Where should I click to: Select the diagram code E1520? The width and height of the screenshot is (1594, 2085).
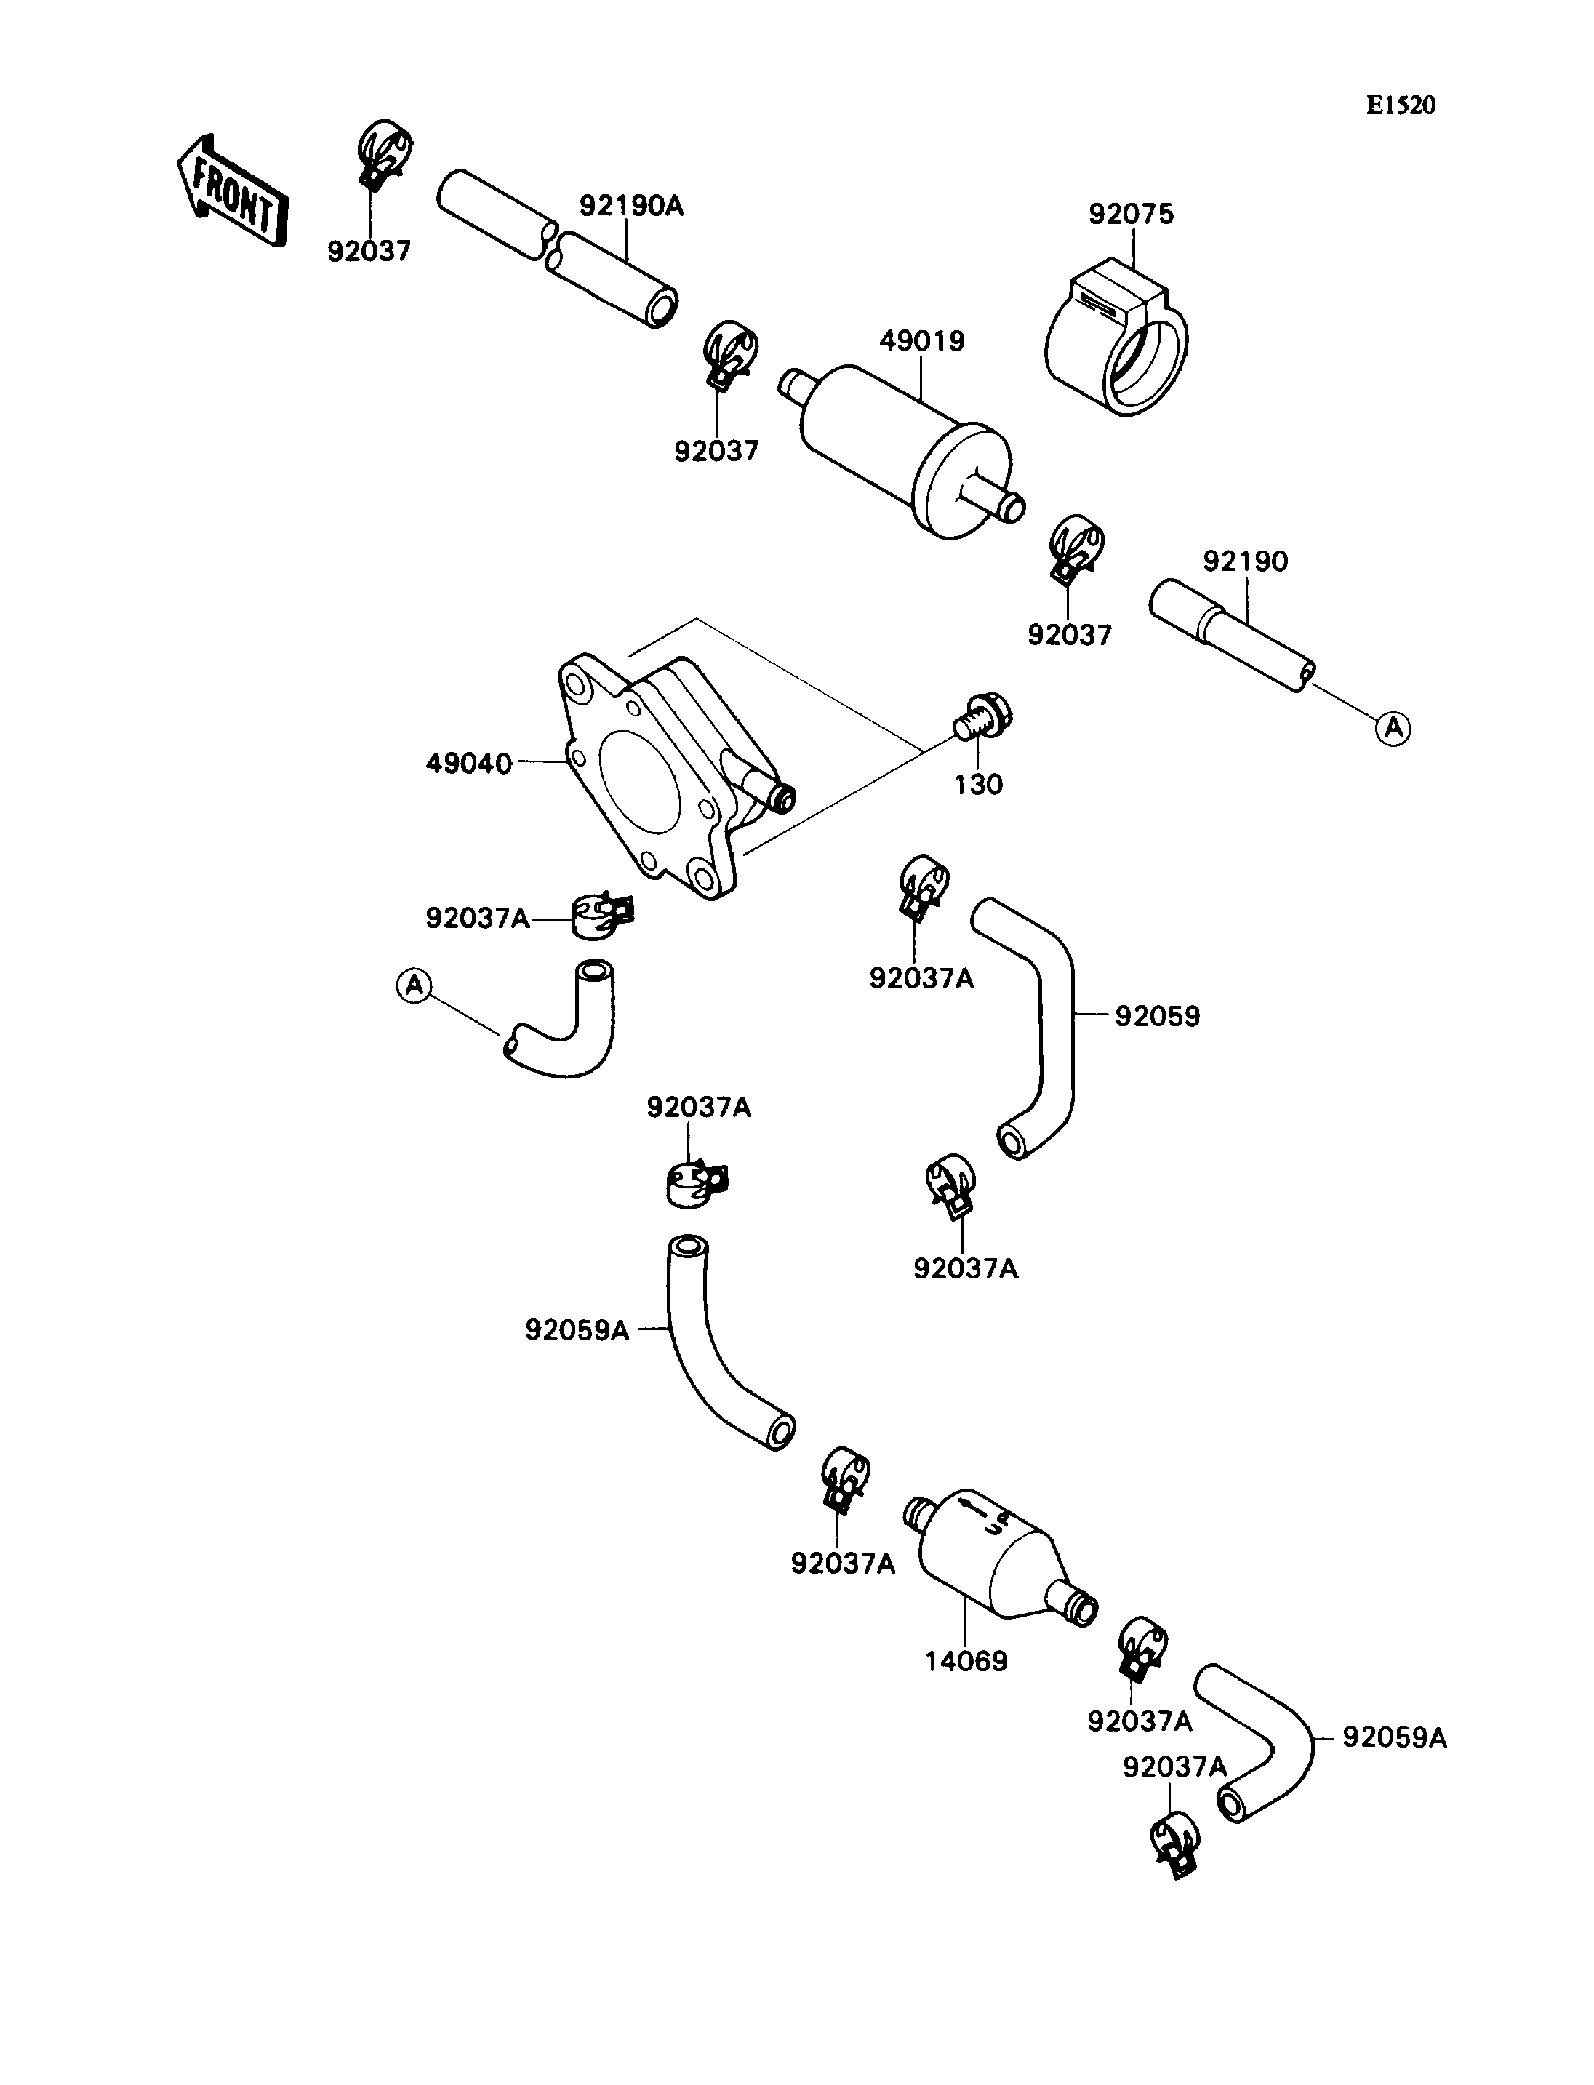[1401, 105]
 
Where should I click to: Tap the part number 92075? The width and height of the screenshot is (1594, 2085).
[1131, 215]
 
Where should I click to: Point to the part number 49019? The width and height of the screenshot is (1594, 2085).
[921, 342]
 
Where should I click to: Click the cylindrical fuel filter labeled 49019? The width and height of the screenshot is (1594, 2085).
[902, 452]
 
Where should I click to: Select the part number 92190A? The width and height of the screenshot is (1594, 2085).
[631, 206]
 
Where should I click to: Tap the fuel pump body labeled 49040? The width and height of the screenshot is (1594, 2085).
[676, 775]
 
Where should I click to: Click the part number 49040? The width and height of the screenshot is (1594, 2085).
[469, 764]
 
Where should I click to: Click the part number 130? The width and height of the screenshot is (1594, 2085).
[978, 785]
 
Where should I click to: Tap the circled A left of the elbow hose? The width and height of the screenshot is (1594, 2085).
[414, 985]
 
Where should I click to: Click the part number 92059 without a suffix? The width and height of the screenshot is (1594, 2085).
[1157, 1017]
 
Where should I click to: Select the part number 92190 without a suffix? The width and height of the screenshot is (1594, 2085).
[1246, 562]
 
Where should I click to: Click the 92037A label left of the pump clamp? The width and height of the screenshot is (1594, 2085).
[477, 919]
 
